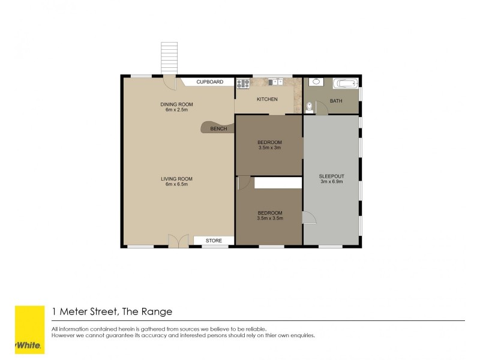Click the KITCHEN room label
(267, 99)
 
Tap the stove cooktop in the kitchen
(243, 83)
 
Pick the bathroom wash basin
(316, 82)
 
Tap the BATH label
(336, 101)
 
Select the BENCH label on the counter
(218, 128)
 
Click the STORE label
(214, 241)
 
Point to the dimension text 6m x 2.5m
(177, 110)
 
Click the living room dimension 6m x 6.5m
(176, 184)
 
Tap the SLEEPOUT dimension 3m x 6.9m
(331, 181)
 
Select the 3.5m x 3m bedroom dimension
(269, 148)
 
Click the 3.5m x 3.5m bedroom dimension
(269, 218)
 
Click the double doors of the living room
(178, 241)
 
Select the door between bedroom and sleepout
(309, 218)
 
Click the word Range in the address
(158, 311)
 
